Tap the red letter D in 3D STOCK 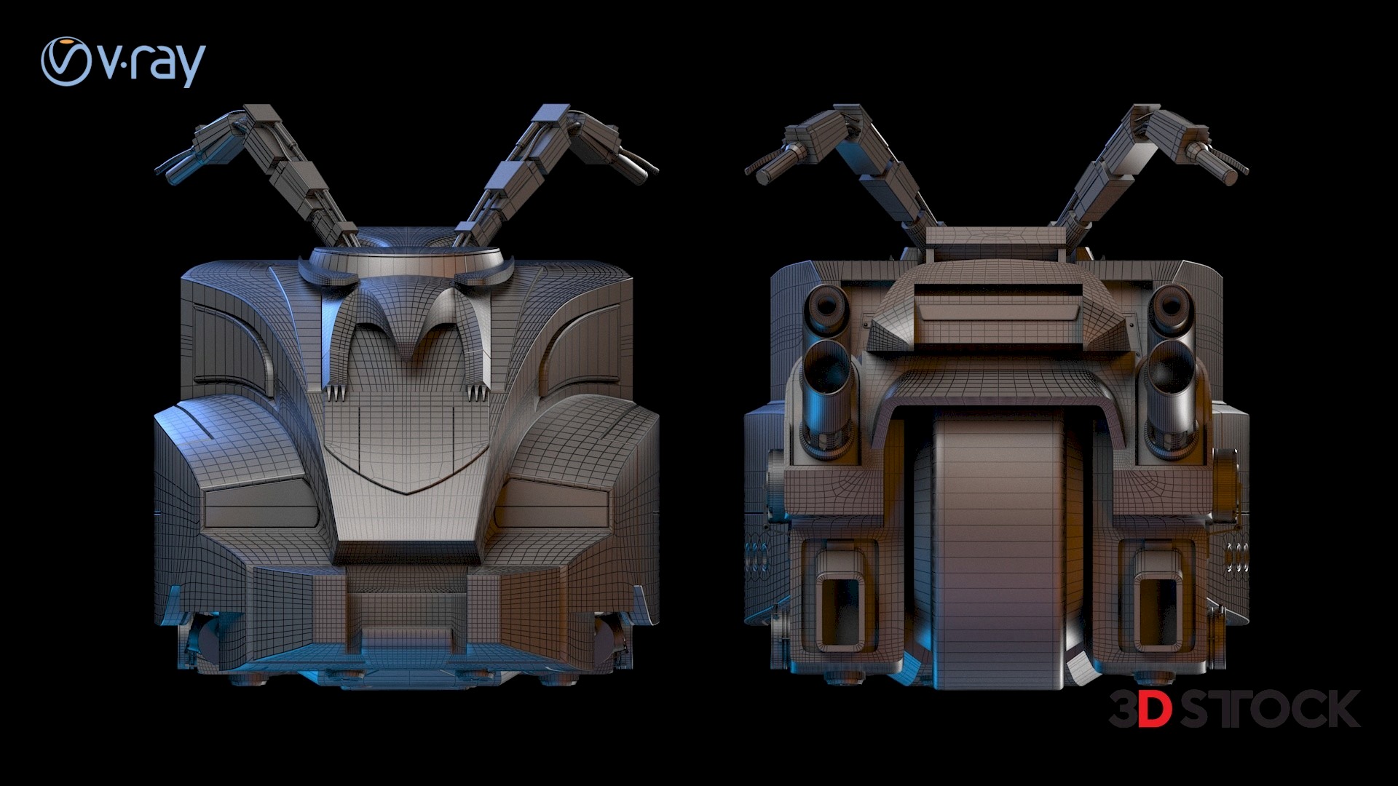pyautogui.click(x=1156, y=709)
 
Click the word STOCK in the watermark pyautogui.click(x=1270, y=709)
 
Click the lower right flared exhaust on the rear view pyautogui.click(x=1171, y=378)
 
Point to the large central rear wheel pyautogui.click(x=999, y=553)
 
